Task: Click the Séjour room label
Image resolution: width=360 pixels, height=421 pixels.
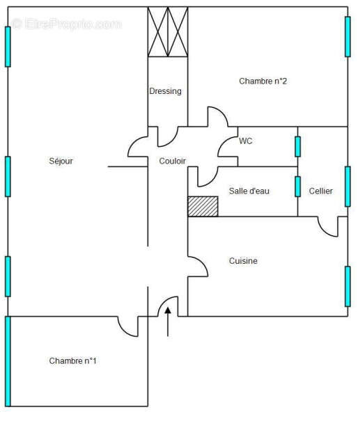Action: tap(61, 161)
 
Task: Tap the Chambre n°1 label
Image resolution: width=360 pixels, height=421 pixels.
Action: tap(72, 360)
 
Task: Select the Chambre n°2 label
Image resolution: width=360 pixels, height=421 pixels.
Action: tap(263, 81)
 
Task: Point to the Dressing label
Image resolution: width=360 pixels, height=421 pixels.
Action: tap(165, 91)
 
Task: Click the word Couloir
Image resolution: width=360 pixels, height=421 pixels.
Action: tap(172, 161)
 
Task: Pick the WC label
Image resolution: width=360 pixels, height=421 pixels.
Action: tap(246, 141)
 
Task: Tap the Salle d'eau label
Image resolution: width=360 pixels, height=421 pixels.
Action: tap(249, 191)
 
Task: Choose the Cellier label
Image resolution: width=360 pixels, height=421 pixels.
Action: tap(321, 191)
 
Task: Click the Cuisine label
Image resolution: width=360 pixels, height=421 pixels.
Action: tap(243, 261)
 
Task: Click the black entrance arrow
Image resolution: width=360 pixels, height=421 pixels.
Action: tap(168, 321)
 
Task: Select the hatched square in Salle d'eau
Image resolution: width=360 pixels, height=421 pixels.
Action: tap(203, 207)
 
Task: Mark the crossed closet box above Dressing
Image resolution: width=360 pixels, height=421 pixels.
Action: tap(168, 32)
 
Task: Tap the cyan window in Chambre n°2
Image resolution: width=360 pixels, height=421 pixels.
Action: tap(347, 37)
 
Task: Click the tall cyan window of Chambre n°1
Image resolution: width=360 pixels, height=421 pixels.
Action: tap(8, 361)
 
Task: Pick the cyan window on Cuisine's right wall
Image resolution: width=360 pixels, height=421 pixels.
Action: tap(347, 287)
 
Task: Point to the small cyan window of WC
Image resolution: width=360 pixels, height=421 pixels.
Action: tap(297, 147)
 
